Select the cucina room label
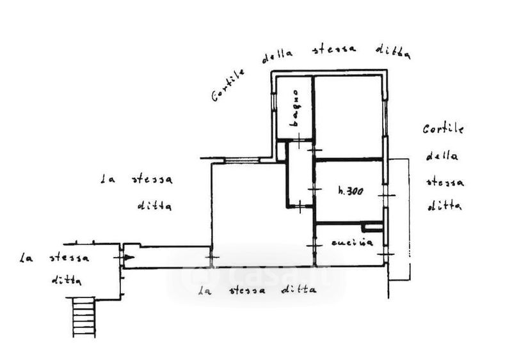pos(348,244)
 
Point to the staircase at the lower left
pos(83,318)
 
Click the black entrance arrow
pos(129,257)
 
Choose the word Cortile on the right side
pos(443,129)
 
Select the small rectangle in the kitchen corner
pos(372,227)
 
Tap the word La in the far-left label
pos(27,259)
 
